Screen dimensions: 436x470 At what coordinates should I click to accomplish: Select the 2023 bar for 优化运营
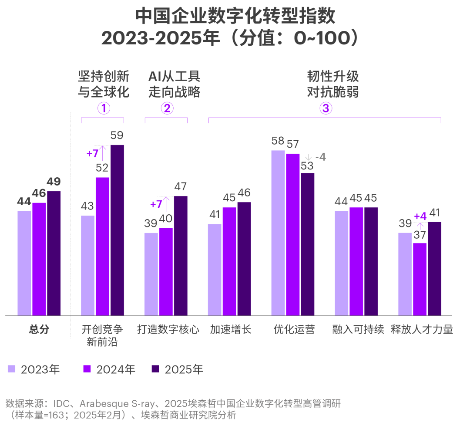(278, 233)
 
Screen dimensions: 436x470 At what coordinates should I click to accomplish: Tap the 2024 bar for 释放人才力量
(420, 279)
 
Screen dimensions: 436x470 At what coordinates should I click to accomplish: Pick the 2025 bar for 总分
(54, 253)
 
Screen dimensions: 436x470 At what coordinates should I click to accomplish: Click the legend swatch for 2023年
(12, 369)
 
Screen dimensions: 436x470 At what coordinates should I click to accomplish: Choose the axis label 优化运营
(294, 329)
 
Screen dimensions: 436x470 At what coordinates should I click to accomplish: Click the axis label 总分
(39, 329)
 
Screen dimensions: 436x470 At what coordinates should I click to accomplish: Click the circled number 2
(167, 108)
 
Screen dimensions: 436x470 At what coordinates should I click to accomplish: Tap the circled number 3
(325, 108)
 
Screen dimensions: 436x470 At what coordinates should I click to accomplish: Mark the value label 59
(117, 135)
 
